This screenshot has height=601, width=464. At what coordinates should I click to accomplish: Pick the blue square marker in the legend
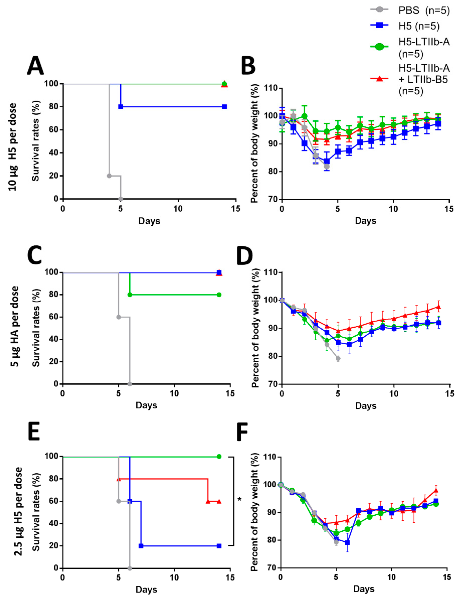pyautogui.click(x=379, y=26)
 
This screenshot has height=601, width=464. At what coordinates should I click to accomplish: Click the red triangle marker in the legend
pyautogui.click(x=379, y=79)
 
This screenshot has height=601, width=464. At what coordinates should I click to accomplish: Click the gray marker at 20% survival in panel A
pyautogui.click(x=109, y=176)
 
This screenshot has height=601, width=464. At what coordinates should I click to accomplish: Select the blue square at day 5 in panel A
pyautogui.click(x=121, y=107)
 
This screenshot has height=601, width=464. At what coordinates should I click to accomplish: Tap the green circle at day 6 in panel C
pyautogui.click(x=130, y=295)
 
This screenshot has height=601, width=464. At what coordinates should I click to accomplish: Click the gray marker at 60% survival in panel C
pyautogui.click(x=118, y=317)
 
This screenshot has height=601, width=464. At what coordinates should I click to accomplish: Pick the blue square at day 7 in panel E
pyautogui.click(x=141, y=546)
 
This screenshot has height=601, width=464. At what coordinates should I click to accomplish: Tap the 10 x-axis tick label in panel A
pyautogui.click(x=178, y=209)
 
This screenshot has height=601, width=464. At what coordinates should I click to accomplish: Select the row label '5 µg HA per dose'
pyautogui.click(x=15, y=326)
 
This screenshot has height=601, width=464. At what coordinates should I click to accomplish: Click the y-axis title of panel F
pyautogui.click(x=255, y=512)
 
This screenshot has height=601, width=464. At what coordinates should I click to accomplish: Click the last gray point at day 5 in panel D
pyautogui.click(x=338, y=358)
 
